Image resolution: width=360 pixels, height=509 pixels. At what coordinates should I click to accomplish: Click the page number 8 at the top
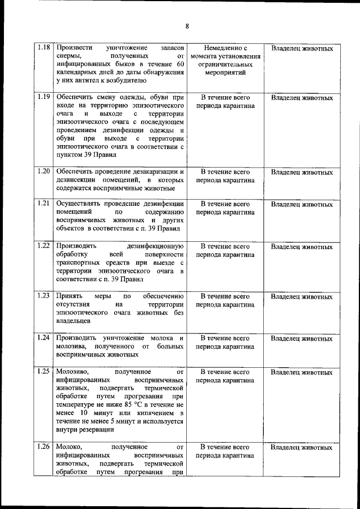pyautogui.click(x=187, y=26)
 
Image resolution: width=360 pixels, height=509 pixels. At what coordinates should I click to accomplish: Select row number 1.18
pyautogui.click(x=44, y=48)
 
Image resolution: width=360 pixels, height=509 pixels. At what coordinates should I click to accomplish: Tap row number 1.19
pyautogui.click(x=44, y=97)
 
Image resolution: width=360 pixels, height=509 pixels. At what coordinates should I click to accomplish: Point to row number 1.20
pyautogui.click(x=44, y=171)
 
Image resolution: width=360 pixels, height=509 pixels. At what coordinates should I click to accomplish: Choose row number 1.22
pyautogui.click(x=44, y=246)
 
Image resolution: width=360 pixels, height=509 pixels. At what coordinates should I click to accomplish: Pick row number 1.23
pyautogui.click(x=44, y=296)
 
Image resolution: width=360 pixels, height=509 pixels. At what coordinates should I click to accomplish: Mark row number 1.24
pyautogui.click(x=44, y=338)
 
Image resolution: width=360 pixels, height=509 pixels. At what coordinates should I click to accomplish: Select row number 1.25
pyautogui.click(x=44, y=372)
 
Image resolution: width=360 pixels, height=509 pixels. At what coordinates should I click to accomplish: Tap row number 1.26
pyautogui.click(x=44, y=447)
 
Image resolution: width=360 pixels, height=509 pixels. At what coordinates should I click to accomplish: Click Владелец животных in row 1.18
pyautogui.click(x=301, y=49)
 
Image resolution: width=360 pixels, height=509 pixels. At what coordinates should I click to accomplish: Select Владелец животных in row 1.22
pyautogui.click(x=301, y=246)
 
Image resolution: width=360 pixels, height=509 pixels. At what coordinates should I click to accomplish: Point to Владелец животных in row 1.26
pyautogui.click(x=301, y=448)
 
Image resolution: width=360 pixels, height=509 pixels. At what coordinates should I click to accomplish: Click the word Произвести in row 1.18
pyautogui.click(x=75, y=49)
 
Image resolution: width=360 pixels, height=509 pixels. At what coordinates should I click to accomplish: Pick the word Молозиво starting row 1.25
pyautogui.click(x=72, y=372)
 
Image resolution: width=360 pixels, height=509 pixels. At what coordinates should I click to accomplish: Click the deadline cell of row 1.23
pyautogui.click(x=225, y=300)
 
